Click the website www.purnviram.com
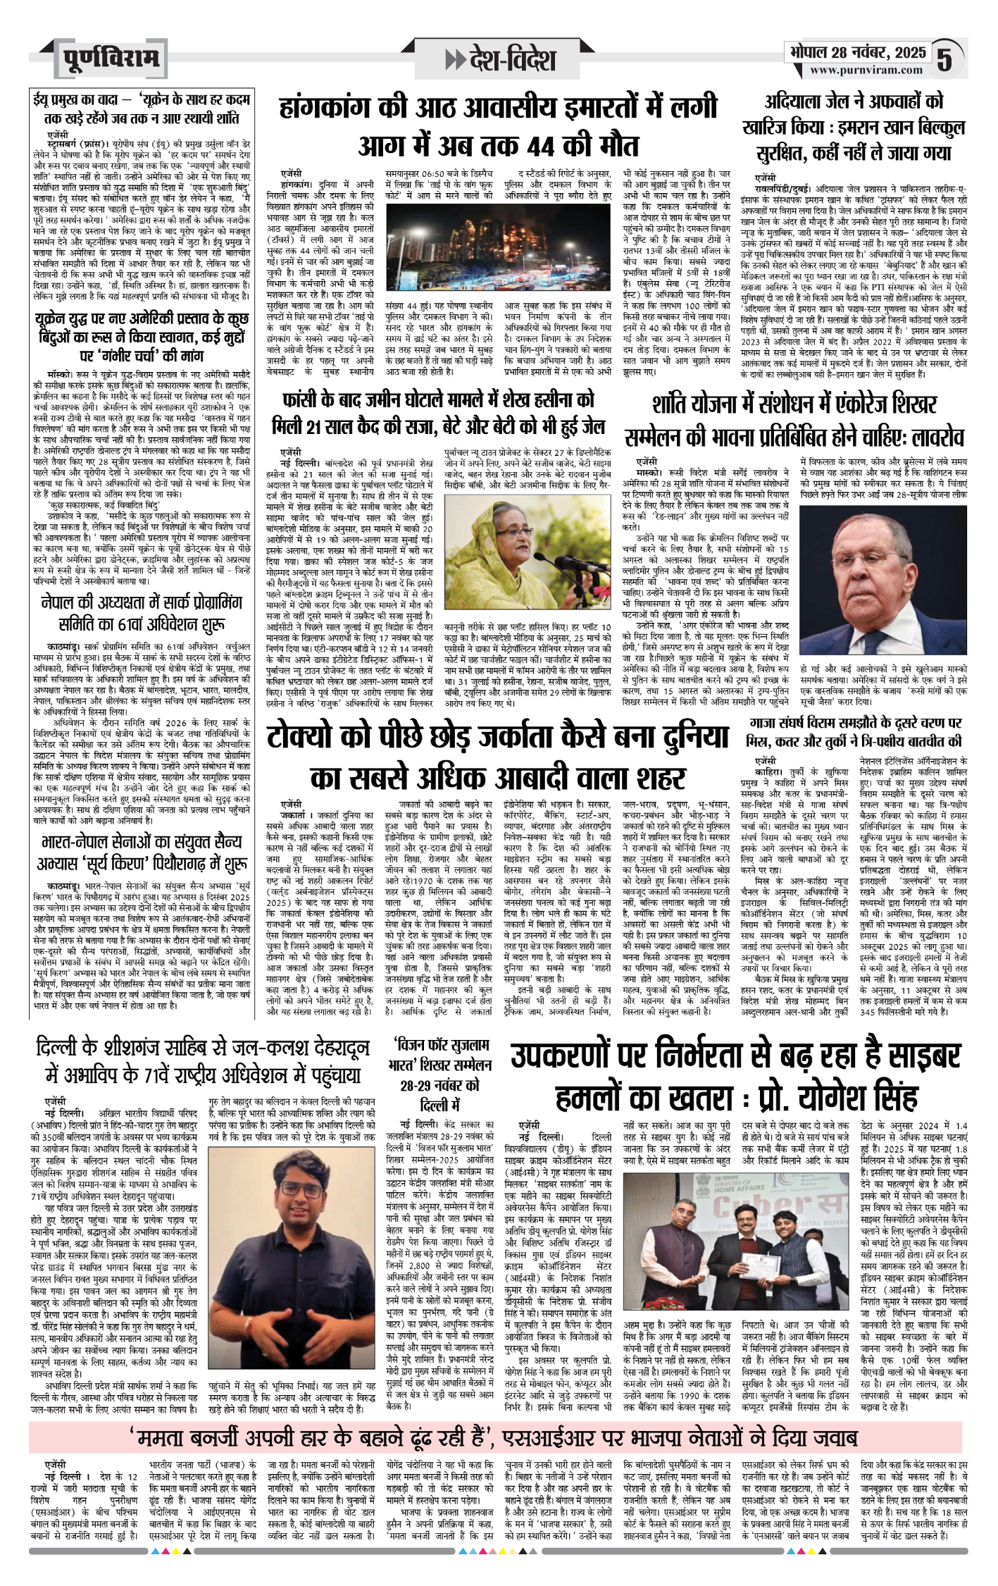866,70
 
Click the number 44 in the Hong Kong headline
539,145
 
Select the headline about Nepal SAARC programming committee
142,613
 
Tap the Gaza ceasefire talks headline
854,732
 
